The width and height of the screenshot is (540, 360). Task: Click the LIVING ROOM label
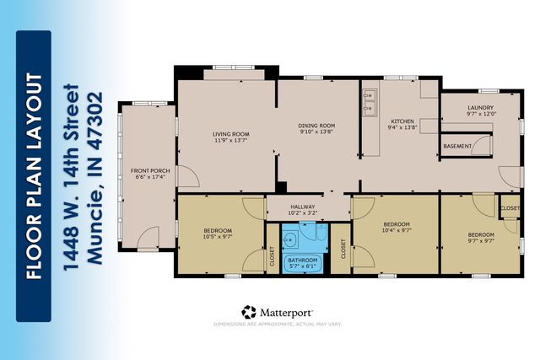click(229, 133)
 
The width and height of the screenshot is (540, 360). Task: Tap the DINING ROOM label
click(316, 126)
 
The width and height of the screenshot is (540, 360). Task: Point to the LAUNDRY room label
click(479, 107)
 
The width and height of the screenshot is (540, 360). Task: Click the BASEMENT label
click(458, 147)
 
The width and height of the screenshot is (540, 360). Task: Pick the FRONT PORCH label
click(150, 171)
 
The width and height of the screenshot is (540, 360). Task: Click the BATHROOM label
click(303, 261)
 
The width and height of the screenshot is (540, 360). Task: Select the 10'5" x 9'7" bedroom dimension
click(218, 236)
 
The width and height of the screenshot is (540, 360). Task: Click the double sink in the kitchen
click(370, 100)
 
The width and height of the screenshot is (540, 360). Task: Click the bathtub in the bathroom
click(304, 262)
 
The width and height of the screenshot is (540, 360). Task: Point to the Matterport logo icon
click(249, 313)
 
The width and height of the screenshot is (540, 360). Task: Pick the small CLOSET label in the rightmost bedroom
click(510, 208)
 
